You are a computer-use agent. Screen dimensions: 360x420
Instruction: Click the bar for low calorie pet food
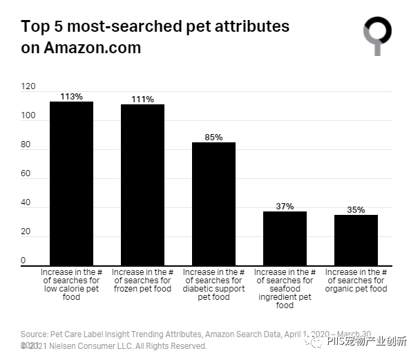pyautogui.click(x=71, y=183)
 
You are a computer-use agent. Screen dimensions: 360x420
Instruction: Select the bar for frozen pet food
pyautogui.click(x=142, y=184)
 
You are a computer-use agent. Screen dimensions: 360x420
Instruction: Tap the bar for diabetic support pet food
pyautogui.click(x=213, y=204)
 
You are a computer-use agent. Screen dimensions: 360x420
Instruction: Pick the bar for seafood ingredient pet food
pyautogui.click(x=285, y=238)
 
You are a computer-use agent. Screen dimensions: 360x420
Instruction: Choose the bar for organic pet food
pyautogui.click(x=356, y=240)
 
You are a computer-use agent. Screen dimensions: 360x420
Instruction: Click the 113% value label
pyautogui.click(x=71, y=97)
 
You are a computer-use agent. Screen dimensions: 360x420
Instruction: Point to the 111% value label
pyautogui.click(x=142, y=100)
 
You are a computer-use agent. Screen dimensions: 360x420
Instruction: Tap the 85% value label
pyautogui.click(x=213, y=138)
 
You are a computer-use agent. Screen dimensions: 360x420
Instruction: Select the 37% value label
pyautogui.click(x=285, y=207)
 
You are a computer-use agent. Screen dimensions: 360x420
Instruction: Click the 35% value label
pyautogui.click(x=356, y=210)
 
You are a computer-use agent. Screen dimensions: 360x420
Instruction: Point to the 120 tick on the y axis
pyautogui.click(x=28, y=86)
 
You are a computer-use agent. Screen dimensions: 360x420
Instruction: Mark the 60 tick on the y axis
pyautogui.click(x=26, y=173)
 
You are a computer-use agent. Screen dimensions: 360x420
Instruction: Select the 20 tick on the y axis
pyautogui.click(x=26, y=231)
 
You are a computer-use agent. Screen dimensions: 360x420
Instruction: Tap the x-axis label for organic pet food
pyautogui.click(x=356, y=281)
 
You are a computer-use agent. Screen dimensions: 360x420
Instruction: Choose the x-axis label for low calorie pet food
pyautogui.click(x=71, y=285)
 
